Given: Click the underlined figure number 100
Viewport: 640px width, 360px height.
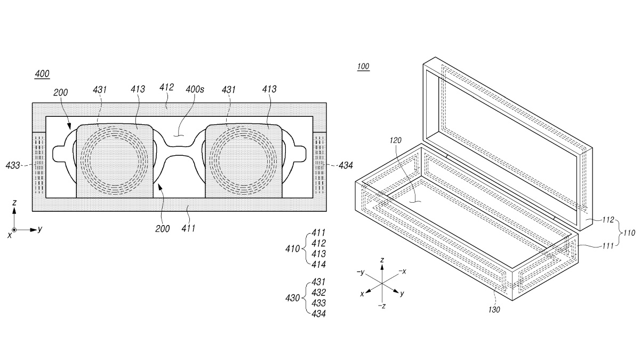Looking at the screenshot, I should tap(363, 67).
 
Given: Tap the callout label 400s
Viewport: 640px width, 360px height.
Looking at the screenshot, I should tap(195, 90).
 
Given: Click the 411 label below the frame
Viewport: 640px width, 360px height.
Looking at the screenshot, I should tap(188, 229).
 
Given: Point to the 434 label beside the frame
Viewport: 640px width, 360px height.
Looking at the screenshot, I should tap(346, 166).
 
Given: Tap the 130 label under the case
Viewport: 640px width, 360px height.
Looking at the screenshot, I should tap(494, 309).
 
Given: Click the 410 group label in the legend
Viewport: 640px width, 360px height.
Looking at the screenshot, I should tap(293, 249).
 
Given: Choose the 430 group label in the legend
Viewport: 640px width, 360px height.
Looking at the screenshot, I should tap(293, 298).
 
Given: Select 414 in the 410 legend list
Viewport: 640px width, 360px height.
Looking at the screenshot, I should tap(319, 264).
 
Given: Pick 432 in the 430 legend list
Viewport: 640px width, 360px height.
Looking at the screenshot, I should tap(319, 292).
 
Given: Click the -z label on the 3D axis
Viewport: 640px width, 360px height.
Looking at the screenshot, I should tap(381, 306).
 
